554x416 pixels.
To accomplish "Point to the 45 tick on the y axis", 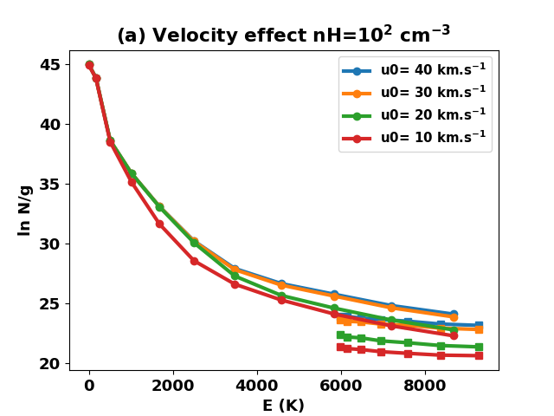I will coord(50,65).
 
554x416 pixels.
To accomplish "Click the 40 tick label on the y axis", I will coord(50,125).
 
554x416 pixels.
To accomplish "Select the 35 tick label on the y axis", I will coord(50,185).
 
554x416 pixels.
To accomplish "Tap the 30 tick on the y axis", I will coord(50,244).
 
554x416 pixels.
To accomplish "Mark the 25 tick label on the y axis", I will coord(50,304).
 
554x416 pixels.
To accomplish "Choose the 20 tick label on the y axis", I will coord(50,364).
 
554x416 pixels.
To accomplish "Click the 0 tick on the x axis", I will coord(89,386).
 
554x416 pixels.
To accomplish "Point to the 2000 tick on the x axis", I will coord(173,386).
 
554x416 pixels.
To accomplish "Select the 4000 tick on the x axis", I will coord(257,386).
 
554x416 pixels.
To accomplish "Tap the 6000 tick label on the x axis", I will coord(341,386).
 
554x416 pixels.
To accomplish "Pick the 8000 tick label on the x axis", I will coord(425,386).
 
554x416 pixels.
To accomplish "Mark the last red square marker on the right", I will coord(479,355).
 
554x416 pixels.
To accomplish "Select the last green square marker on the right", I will coord(479,347).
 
